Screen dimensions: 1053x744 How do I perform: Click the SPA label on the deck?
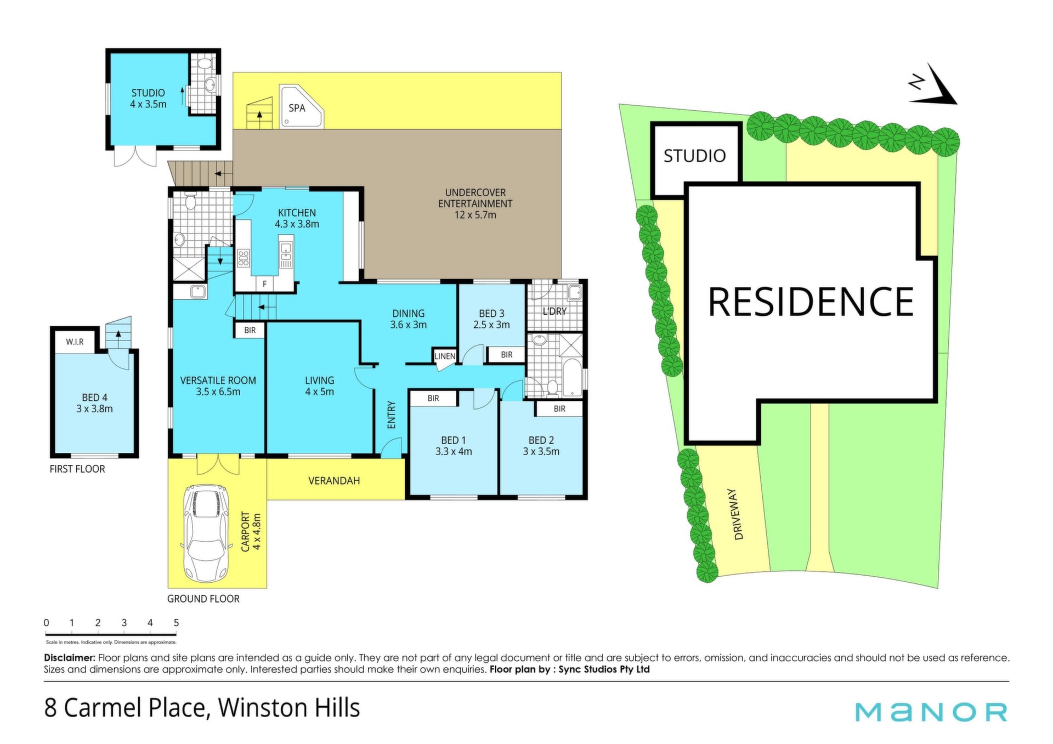[x=297, y=108]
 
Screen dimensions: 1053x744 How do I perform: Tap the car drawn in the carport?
[x=206, y=533]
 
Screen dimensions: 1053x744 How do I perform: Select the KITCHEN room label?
[x=297, y=213]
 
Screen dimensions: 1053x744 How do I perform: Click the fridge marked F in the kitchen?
[x=264, y=284]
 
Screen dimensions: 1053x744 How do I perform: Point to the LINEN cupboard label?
[x=445, y=356]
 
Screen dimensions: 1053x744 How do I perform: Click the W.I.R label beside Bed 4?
[x=75, y=342]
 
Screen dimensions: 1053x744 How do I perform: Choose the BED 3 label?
[x=491, y=314]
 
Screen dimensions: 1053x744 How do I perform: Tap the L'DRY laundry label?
[x=554, y=311]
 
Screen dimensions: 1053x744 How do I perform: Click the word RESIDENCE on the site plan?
[x=811, y=302]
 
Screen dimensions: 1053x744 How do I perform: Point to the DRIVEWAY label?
[x=738, y=515]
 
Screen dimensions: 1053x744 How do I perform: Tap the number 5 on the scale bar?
[x=176, y=623]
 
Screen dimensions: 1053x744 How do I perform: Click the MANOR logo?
[x=931, y=712]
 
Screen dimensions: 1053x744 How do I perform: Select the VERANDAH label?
[x=334, y=481]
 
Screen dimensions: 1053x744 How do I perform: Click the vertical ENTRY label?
[x=392, y=415]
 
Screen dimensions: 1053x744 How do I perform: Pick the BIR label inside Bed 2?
[x=559, y=409]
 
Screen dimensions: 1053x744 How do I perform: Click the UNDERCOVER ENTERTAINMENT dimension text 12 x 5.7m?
[x=475, y=215]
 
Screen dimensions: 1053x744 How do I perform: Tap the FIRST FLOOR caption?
[x=77, y=469]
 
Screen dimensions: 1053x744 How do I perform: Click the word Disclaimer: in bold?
[x=70, y=658]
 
